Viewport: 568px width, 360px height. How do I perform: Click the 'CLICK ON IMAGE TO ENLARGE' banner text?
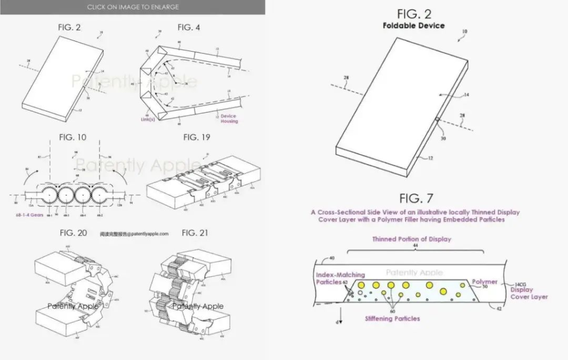133,7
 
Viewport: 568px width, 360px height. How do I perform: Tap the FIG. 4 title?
189,27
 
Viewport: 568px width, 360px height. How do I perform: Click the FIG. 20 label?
73,233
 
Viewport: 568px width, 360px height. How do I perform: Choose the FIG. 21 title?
195,233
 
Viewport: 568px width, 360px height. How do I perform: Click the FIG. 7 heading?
416,198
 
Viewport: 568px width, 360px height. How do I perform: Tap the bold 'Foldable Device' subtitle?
414,26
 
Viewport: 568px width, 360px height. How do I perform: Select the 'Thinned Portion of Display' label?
411,239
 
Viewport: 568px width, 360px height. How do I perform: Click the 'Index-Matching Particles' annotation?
333,278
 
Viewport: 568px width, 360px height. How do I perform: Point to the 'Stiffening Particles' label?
392,319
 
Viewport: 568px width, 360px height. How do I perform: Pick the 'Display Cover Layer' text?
529,293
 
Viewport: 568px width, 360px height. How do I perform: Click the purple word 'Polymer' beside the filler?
484,282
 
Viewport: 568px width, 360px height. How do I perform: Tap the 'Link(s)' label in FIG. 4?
148,119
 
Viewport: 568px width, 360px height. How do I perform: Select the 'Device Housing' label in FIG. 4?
228,119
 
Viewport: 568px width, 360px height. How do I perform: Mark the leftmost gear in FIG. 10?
47,196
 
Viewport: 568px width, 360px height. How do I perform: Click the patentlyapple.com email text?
134,234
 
